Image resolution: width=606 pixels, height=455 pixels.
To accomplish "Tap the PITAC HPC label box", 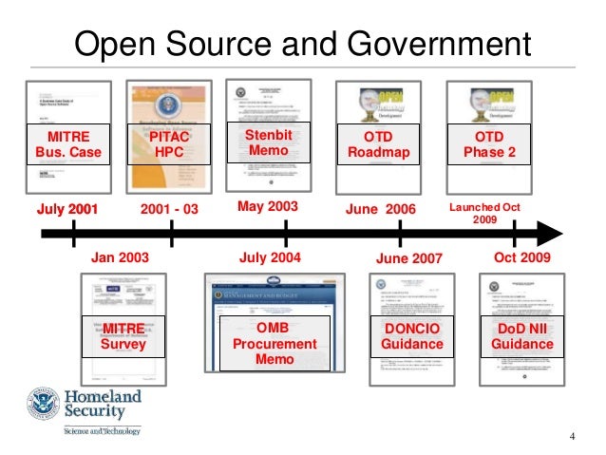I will [x=169, y=143].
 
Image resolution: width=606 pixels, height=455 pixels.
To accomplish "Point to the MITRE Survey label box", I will [x=123, y=336].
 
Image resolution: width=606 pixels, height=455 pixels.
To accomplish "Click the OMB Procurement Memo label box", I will [x=269, y=343].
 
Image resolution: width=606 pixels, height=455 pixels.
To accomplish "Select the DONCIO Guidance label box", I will [x=412, y=336].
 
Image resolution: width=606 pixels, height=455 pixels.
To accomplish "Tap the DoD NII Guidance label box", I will [x=521, y=336].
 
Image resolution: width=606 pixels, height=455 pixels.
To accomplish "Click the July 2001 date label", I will [x=67, y=206].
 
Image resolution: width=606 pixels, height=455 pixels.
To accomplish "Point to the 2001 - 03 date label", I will [x=169, y=206].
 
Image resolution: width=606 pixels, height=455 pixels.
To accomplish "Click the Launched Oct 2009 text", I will [x=484, y=212].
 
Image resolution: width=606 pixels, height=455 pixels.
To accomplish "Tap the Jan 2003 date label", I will [x=120, y=256].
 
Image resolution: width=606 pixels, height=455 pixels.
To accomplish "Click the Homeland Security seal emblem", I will [x=40, y=408].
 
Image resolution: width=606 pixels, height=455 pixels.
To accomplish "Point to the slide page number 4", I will [x=573, y=437].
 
